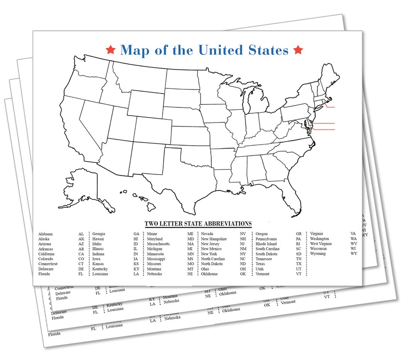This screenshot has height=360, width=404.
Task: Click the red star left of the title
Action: pyautogui.click(x=110, y=49)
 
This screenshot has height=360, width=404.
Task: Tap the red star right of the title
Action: pyautogui.click(x=298, y=49)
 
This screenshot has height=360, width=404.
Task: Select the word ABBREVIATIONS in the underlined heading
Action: pyautogui.click(x=227, y=224)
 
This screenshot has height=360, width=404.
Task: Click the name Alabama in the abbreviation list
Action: pyautogui.click(x=45, y=234)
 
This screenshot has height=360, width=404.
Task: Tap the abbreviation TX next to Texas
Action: pyautogui.click(x=299, y=264)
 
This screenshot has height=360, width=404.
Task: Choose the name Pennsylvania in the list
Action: pyautogui.click(x=266, y=239)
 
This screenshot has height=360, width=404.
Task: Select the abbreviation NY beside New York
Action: pyautogui.click(x=243, y=254)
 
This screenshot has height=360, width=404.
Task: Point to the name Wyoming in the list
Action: pyautogui.click(x=318, y=254)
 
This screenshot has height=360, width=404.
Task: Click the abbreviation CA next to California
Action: pyautogui.click(x=81, y=254)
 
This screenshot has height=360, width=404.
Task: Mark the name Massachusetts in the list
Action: pyautogui.click(x=158, y=244)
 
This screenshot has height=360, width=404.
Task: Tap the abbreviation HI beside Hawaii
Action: pyautogui.click(x=136, y=239)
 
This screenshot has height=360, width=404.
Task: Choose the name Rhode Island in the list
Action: pyautogui.click(x=266, y=244)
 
